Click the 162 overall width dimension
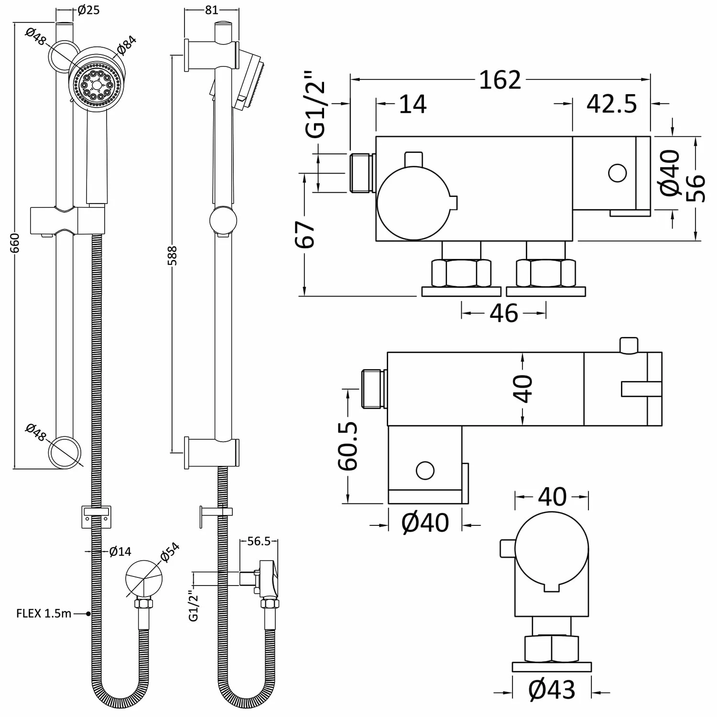tap(500, 80)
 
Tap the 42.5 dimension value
tap(612, 104)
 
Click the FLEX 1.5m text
tap(43, 613)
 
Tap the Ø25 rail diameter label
tap(88, 10)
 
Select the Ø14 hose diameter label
tap(119, 552)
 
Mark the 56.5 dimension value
tap(259, 541)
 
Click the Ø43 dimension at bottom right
tap(552, 690)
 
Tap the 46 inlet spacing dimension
tap(504, 314)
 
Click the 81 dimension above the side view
tap(211, 10)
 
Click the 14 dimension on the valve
tap(412, 104)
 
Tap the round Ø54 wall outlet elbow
tap(144, 578)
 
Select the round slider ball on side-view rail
tap(223, 221)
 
